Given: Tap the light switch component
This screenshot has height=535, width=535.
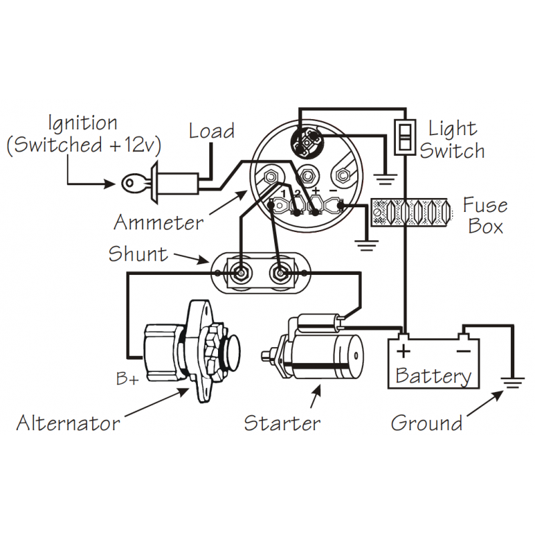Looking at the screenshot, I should tap(404, 136).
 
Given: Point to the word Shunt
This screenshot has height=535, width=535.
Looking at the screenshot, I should tap(138, 254).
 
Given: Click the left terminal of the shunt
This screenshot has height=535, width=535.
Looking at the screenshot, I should tap(239, 274).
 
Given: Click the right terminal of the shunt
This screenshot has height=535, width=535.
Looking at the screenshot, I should tap(279, 274).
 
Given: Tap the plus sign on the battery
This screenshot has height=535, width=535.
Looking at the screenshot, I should tap(403, 350).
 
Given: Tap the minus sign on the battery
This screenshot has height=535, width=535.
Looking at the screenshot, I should tap(463, 350).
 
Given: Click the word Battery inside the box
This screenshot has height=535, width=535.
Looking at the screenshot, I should tap(433, 374).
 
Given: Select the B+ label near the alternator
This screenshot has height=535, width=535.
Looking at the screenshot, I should tap(127, 379).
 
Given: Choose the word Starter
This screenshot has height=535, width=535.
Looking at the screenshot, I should tap(282, 423).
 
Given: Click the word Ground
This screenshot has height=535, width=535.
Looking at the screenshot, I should tap(427, 423).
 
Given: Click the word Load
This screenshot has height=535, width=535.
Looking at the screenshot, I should tap(211, 130).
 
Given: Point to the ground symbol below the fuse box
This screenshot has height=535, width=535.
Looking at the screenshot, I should tap(365, 244).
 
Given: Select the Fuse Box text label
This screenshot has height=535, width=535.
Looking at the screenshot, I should tap(485, 215).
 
